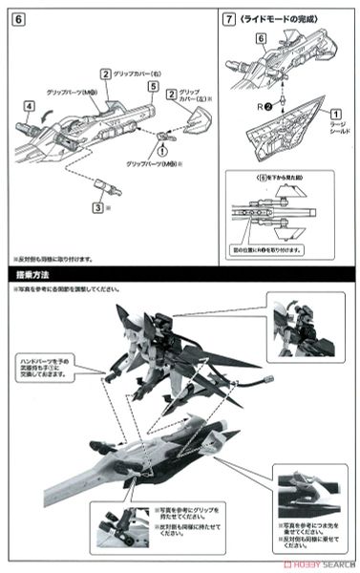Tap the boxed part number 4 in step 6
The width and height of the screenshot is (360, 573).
click(x=30, y=105)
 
